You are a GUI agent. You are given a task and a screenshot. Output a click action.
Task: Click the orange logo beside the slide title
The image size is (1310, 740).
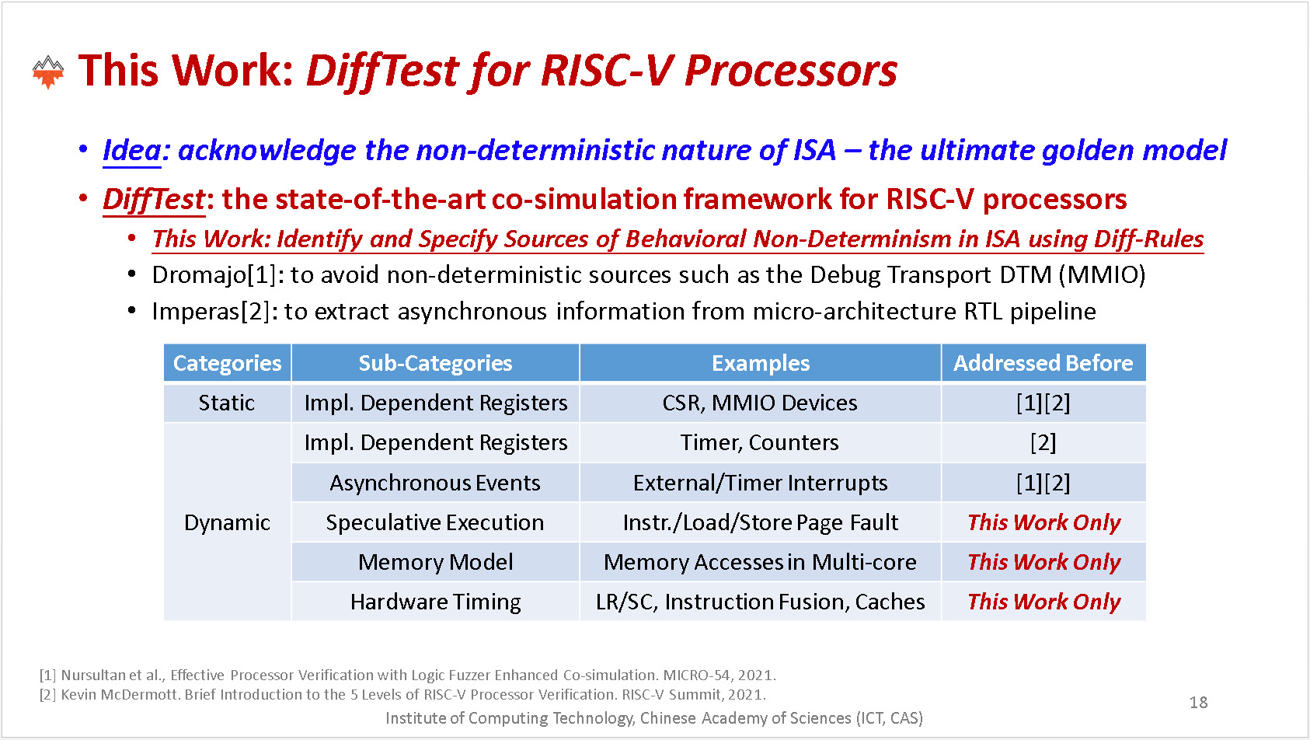tap(48, 72)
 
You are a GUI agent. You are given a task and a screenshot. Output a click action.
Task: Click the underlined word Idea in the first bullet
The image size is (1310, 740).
tap(131, 151)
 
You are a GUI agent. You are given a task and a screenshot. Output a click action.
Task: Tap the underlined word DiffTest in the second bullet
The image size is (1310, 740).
tap(155, 200)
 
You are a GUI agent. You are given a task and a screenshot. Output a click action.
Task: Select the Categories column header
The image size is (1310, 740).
tap(228, 363)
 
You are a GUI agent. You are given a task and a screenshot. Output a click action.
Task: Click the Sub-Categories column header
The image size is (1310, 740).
tap(436, 363)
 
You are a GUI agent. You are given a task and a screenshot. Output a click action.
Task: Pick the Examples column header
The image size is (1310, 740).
tap(760, 363)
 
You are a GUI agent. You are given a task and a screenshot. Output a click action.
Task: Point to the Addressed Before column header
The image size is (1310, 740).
tap(1043, 363)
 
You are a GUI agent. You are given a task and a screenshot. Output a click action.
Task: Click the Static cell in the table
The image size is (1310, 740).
tap(227, 403)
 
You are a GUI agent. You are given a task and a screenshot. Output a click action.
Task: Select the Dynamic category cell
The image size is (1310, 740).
tap(227, 522)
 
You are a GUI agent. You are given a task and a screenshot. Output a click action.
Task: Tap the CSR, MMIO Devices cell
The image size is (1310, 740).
tap(760, 403)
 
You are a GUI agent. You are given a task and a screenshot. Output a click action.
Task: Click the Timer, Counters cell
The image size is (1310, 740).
tap(760, 443)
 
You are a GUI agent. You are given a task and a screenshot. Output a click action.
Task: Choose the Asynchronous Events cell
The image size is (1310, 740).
tap(436, 483)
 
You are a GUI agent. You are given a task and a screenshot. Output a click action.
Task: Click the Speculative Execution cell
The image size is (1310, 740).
tap(436, 522)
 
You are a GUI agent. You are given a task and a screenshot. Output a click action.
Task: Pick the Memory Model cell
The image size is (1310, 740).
tap(436, 562)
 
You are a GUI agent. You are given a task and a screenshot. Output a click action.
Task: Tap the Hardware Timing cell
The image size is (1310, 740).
tap(436, 602)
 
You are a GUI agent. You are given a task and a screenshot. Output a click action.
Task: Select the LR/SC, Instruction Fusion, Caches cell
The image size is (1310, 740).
tap(760, 602)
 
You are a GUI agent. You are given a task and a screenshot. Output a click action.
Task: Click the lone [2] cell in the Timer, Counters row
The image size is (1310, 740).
tap(1043, 443)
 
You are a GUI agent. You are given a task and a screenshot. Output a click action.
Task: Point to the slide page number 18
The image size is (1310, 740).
tap(1198, 702)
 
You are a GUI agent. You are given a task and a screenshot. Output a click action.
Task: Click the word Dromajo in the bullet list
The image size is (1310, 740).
tap(200, 275)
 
